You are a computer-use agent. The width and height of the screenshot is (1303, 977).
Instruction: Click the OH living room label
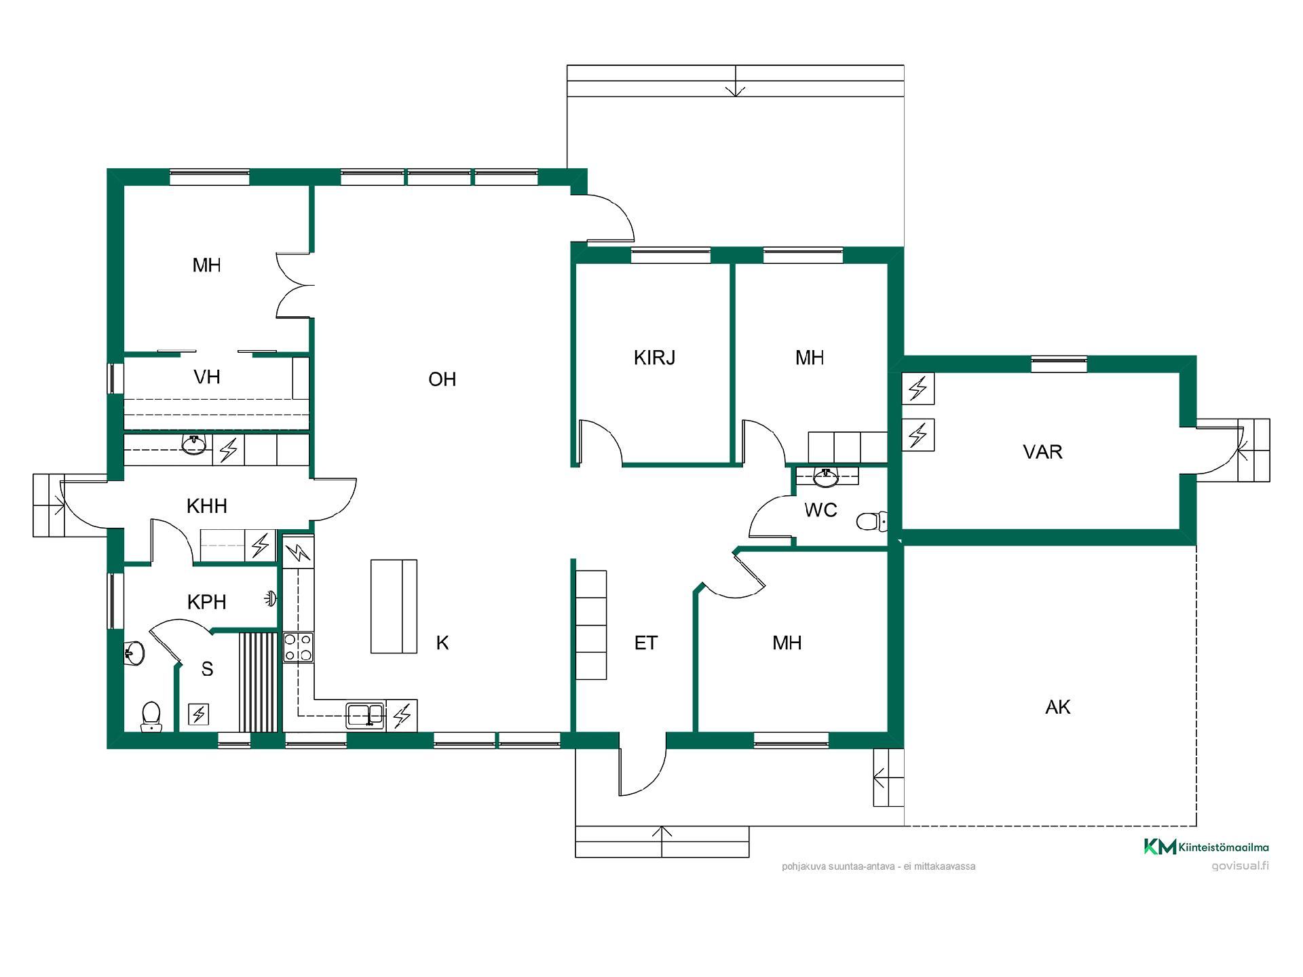tap(442, 379)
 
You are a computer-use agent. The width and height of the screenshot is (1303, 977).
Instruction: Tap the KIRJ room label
tap(654, 358)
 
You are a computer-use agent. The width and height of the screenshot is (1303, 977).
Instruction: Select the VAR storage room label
tap(1042, 452)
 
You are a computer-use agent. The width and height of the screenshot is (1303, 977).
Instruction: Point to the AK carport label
tap(1058, 707)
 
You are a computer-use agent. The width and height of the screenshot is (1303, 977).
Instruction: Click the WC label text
tap(820, 510)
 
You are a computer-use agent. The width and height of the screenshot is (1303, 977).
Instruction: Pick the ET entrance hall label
tap(646, 643)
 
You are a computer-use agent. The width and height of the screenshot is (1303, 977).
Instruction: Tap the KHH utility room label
tap(206, 505)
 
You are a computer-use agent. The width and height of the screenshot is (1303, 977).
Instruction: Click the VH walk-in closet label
tap(207, 377)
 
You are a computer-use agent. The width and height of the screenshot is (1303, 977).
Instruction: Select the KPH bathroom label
tap(206, 602)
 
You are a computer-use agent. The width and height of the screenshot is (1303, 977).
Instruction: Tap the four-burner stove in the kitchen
tap(298, 647)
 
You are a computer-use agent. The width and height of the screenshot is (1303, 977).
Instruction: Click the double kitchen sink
tap(366, 715)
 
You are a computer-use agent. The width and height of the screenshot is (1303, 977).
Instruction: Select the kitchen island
tap(394, 607)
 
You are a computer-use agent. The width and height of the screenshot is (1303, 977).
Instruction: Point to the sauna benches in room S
tap(258, 682)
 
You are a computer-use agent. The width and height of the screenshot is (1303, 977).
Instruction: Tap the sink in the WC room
tap(826, 478)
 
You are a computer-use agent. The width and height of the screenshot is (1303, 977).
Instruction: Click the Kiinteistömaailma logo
tap(1206, 847)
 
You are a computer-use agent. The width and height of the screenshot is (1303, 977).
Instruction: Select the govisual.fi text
tap(1240, 866)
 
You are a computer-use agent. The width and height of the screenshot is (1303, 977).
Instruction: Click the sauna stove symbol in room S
tap(198, 714)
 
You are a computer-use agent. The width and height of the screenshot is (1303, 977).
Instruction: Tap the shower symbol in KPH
tap(271, 598)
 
